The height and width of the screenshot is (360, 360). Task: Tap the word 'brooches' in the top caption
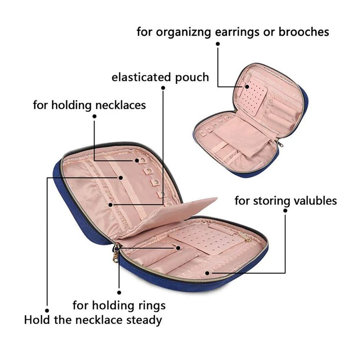304,31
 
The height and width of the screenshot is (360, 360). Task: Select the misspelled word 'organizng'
184,32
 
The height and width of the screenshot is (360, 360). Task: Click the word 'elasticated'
141,77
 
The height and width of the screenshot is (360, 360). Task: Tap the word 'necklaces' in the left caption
121,105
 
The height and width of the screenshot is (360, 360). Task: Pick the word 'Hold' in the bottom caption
37,320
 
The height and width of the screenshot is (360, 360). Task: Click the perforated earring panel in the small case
253,97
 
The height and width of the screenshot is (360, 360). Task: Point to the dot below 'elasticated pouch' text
163,88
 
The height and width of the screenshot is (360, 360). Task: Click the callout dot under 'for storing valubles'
285,210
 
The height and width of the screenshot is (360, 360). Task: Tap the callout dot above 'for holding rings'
119,292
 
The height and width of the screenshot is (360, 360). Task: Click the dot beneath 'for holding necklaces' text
94,117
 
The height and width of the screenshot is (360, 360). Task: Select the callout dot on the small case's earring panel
247,86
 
